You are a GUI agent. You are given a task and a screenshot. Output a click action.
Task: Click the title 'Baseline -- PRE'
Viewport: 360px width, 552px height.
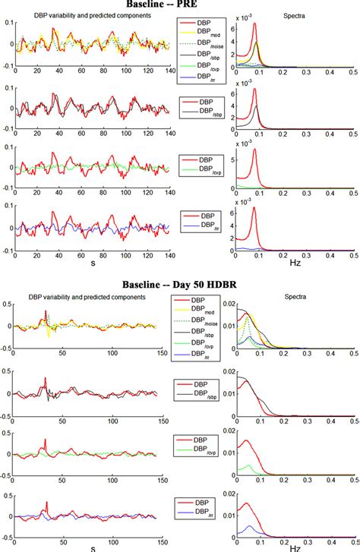tap(179, 5)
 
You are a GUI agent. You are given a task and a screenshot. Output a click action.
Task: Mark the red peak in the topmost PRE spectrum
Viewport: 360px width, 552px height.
tap(254, 24)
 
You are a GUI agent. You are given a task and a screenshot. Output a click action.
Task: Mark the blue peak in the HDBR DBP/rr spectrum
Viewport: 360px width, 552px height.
tap(249, 526)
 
